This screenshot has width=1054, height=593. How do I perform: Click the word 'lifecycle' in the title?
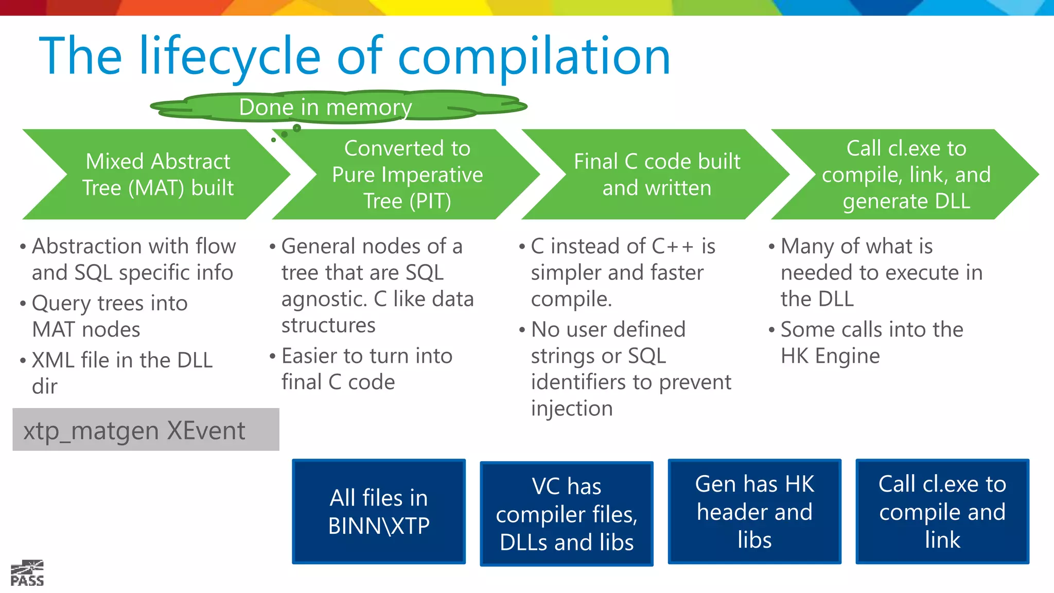[x=230, y=57]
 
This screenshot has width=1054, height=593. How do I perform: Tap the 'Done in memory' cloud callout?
[x=325, y=107]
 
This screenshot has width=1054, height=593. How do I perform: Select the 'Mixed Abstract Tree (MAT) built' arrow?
[x=157, y=175]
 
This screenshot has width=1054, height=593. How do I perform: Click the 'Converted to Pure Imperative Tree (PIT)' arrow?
[x=407, y=175]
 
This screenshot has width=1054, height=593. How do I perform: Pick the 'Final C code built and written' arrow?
[x=657, y=175]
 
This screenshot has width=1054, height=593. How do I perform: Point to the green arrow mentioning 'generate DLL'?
[x=906, y=175]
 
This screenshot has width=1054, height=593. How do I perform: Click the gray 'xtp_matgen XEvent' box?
[x=146, y=430]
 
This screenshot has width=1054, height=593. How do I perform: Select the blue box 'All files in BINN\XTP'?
[x=379, y=512]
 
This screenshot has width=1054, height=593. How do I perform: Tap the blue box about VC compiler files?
[x=566, y=514]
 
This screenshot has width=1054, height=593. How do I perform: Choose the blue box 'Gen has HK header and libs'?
[x=754, y=512]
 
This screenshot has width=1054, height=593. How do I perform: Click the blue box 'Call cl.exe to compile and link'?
[x=942, y=512]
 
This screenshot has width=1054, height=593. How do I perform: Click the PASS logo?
[x=27, y=573]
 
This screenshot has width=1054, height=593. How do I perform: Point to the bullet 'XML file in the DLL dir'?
[x=122, y=373]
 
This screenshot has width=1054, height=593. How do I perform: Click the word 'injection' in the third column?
[x=572, y=409]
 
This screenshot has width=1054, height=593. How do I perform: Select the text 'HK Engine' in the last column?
[x=830, y=356]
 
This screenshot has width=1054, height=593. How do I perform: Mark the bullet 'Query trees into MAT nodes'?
[x=109, y=316]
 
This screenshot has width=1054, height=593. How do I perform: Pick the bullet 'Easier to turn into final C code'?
[x=366, y=369]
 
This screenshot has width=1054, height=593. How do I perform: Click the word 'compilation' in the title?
[x=534, y=57]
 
